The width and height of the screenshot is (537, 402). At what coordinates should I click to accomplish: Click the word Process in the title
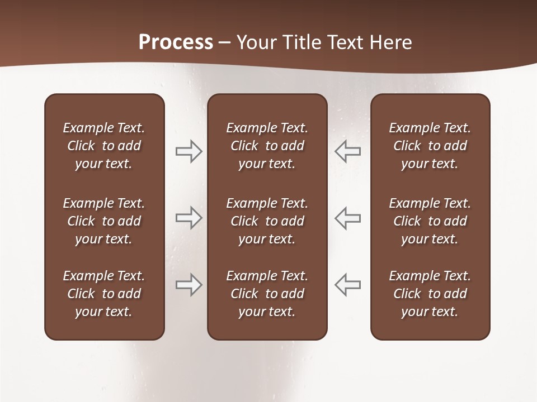click(x=176, y=42)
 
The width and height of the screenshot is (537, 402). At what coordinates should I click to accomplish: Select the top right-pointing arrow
click(x=189, y=151)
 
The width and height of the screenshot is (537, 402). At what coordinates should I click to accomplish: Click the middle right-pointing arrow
click(x=189, y=218)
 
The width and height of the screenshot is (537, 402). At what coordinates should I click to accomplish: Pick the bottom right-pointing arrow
click(x=189, y=285)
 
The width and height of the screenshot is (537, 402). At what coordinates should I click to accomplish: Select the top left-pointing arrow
click(x=348, y=151)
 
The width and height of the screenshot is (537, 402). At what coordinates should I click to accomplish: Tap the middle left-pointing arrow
click(x=348, y=218)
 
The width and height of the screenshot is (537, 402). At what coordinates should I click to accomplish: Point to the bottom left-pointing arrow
click(x=348, y=285)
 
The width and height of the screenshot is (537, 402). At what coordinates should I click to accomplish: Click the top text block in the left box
click(x=104, y=146)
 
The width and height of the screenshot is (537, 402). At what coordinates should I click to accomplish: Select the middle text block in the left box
click(x=104, y=221)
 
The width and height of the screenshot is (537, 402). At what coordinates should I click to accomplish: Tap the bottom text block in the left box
click(x=104, y=294)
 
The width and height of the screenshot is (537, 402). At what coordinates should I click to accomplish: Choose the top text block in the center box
click(x=267, y=146)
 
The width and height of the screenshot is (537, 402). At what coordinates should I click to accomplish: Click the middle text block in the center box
click(x=267, y=221)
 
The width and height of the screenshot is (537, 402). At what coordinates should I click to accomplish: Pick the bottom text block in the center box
click(x=267, y=294)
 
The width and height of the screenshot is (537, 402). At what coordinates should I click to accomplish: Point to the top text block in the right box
click(x=430, y=146)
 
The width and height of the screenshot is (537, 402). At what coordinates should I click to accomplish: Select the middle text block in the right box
click(x=430, y=221)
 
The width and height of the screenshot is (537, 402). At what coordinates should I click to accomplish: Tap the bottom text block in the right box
click(x=430, y=294)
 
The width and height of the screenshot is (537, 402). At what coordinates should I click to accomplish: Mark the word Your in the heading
click(x=255, y=42)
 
